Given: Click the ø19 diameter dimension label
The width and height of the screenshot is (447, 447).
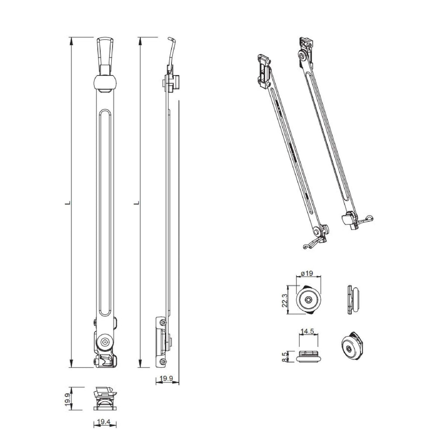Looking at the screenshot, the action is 307,273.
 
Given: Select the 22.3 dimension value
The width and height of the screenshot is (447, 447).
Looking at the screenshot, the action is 285,300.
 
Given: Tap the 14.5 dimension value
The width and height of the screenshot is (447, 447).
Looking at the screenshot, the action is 307,331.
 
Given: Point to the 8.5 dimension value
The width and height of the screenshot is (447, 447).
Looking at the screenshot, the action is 285,357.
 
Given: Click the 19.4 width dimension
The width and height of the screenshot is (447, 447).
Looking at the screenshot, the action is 103,422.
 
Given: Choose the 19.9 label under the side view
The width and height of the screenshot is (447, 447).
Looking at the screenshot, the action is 166,378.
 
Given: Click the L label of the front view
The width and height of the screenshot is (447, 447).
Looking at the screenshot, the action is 68,203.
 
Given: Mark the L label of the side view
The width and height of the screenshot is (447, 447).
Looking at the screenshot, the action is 137,203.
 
